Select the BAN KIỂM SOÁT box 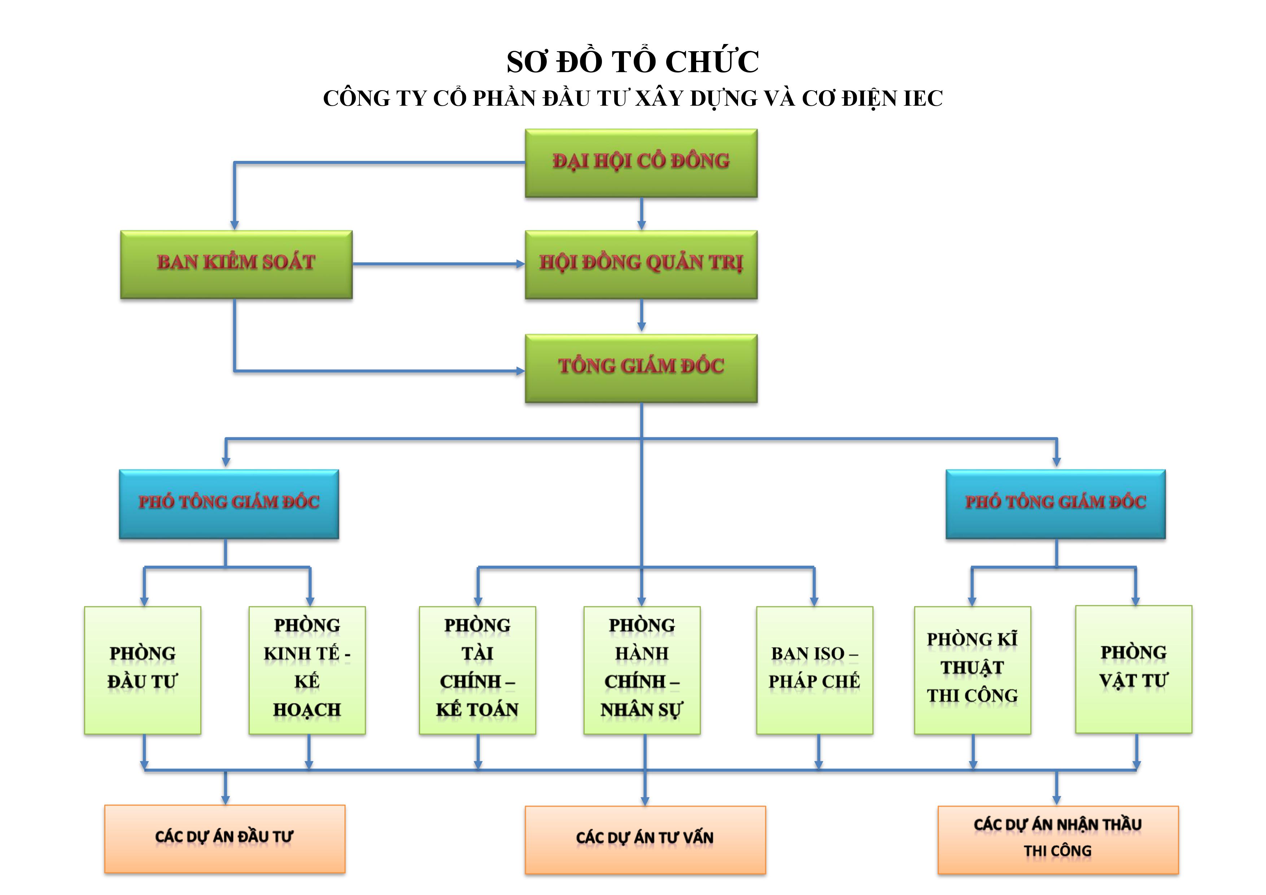(236, 264)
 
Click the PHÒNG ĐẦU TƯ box (142, 670)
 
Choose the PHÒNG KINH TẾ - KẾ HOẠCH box (307, 670)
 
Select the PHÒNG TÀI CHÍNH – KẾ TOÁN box (477, 670)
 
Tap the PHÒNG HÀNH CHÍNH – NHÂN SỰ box (642, 670)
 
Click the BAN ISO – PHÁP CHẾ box (815, 670)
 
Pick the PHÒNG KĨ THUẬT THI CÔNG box (972, 670)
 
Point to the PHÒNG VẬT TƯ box (1133, 669)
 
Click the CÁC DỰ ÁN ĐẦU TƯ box (224, 839)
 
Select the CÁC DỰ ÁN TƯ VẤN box (645, 840)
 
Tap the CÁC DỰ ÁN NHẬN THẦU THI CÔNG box (1057, 840)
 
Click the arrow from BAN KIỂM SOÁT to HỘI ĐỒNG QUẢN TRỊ (438, 264)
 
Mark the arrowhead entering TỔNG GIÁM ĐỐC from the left (520, 371)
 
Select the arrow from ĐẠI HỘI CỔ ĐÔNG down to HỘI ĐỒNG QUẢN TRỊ (641, 214)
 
